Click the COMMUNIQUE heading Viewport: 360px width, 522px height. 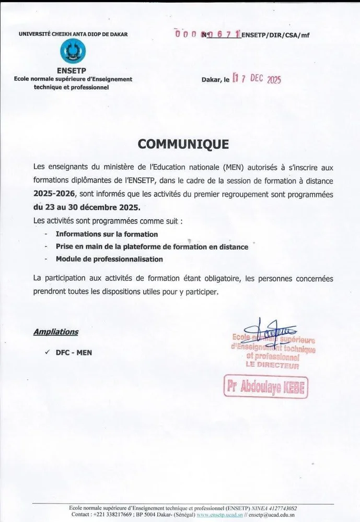pyautogui.click(x=183, y=144)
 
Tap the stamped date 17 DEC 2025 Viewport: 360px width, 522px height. pyautogui.click(x=257, y=79)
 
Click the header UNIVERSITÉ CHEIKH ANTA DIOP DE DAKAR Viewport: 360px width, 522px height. pyautogui.click(x=73, y=34)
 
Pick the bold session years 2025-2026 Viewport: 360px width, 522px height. pyautogui.click(x=55, y=194)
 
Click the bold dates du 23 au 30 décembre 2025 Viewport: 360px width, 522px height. pyautogui.click(x=86, y=207)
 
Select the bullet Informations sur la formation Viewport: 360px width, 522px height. pyautogui.click(x=107, y=234)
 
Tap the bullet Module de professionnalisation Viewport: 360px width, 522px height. pyautogui.click(x=109, y=259)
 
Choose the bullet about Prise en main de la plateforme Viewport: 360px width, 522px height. pyautogui.click(x=152, y=246)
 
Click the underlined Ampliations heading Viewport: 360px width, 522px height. pyautogui.click(x=56, y=331)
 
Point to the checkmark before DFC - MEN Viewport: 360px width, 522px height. pyautogui.click(x=48, y=352)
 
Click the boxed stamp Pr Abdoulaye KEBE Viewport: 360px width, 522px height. pyautogui.click(x=266, y=387)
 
